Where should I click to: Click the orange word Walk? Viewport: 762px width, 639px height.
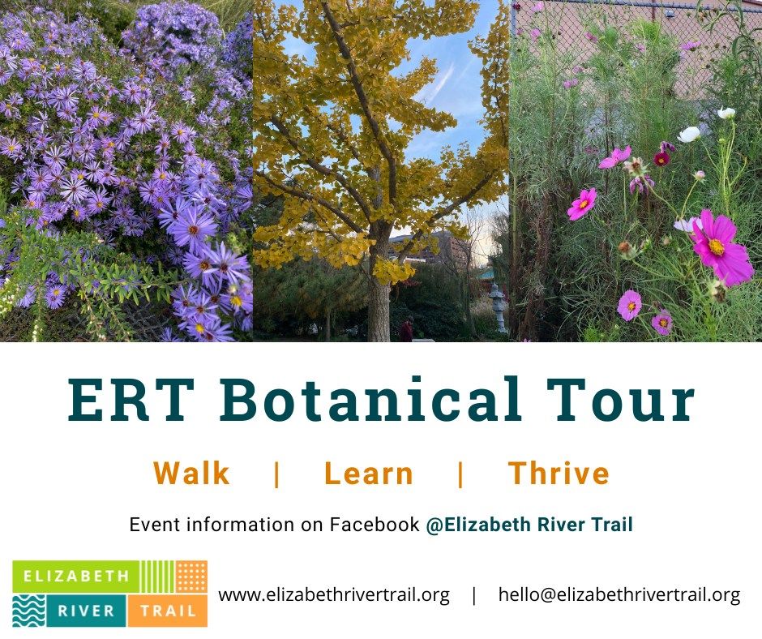click(191, 474)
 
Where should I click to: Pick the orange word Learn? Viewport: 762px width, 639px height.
click(369, 474)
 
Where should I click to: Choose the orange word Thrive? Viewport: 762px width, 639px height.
click(559, 474)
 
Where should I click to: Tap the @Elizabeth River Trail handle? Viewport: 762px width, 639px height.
click(529, 525)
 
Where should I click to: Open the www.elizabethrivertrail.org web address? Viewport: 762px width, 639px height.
click(334, 594)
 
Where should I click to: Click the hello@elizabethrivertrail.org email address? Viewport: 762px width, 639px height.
click(619, 594)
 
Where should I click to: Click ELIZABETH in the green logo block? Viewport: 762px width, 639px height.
click(70, 577)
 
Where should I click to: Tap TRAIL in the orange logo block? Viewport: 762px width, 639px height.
click(167, 611)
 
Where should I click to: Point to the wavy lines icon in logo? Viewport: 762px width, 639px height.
click(28, 610)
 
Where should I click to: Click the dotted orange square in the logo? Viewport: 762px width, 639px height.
click(191, 577)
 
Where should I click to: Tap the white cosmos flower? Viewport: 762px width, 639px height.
click(689, 134)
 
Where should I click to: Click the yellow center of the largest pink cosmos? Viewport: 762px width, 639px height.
click(716, 247)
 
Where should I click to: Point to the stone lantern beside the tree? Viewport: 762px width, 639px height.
click(497, 307)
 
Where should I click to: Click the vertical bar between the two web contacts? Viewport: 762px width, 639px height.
click(474, 594)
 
